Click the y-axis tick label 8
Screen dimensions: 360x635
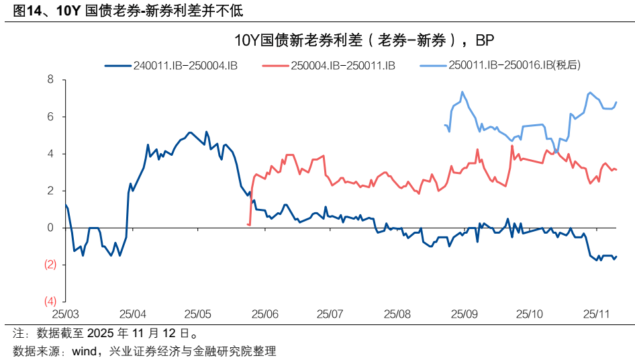(50, 80)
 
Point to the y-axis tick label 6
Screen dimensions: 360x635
(50, 117)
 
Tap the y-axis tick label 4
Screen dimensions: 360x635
(50, 154)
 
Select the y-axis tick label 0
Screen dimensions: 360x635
(50, 228)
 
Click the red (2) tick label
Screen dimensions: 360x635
(50, 265)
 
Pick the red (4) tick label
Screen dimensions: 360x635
(50, 300)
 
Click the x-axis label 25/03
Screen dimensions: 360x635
(66, 314)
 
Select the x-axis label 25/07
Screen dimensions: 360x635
(330, 314)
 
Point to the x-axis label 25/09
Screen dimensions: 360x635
(463, 314)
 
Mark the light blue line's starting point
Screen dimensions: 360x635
(445, 125)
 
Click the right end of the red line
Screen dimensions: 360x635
(616, 169)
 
